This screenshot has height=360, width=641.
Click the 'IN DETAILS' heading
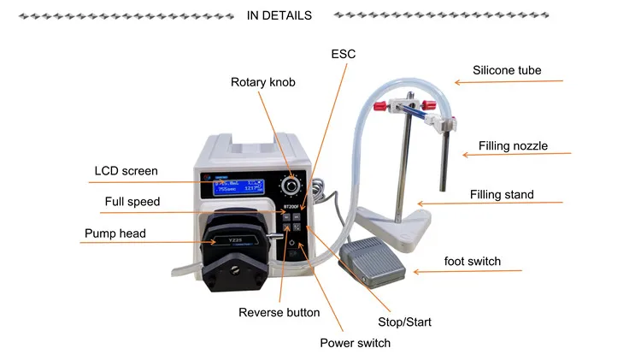(x=279, y=15)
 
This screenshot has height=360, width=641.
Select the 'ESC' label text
(x=343, y=54)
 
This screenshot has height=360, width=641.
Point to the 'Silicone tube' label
(x=508, y=70)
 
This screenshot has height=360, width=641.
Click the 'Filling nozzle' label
(x=513, y=146)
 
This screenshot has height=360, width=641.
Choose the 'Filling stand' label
(x=502, y=195)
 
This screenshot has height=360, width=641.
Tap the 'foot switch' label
(x=473, y=261)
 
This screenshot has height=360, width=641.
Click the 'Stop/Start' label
(x=404, y=322)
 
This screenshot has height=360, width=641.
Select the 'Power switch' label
(x=355, y=343)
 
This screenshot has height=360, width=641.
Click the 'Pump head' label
(x=115, y=233)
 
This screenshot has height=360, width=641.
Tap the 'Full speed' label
(x=132, y=202)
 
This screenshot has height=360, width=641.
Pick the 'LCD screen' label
(x=126, y=171)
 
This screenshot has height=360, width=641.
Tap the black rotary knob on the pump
(x=293, y=183)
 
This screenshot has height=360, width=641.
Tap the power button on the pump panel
(x=292, y=245)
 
